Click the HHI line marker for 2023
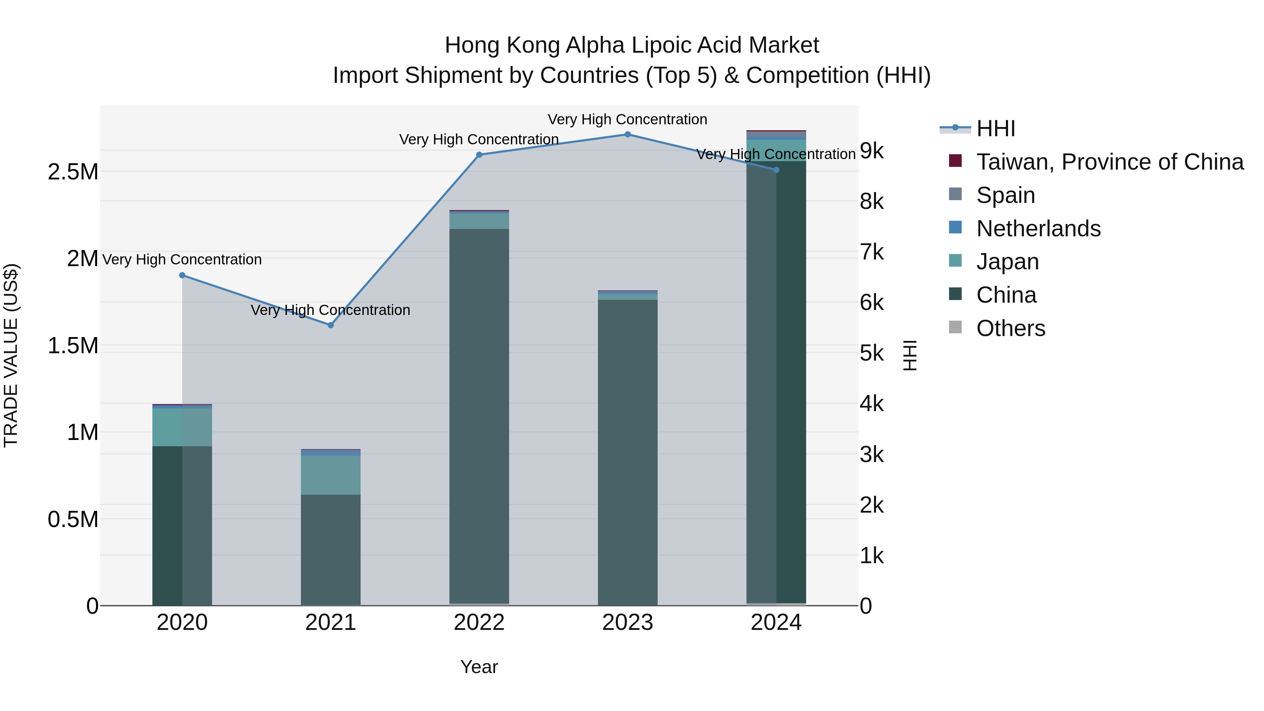point(627,134)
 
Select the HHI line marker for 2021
point(331,325)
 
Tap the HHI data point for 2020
point(182,275)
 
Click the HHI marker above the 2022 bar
point(479,154)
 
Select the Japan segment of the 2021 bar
point(331,475)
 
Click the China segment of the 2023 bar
point(627,452)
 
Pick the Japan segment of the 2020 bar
point(182,427)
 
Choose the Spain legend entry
point(1006,195)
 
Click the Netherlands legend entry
point(1038,229)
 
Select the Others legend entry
point(1010,328)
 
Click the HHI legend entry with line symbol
point(995,129)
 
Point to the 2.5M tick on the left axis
point(73,172)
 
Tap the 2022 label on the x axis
point(479,623)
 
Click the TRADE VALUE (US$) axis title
point(11,355)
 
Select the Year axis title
point(479,667)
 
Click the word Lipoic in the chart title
point(661,45)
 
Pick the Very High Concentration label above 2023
point(627,119)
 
